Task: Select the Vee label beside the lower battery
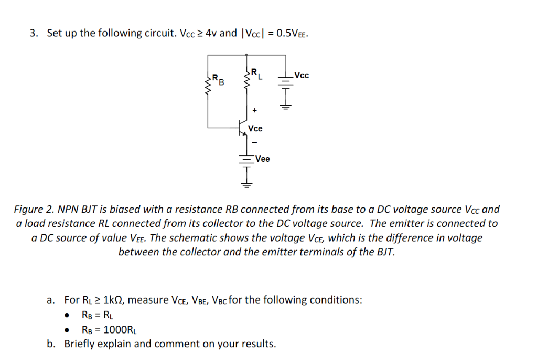click(x=263, y=159)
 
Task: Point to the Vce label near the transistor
click(x=255, y=129)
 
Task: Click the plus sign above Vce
click(x=255, y=111)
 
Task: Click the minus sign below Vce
click(x=255, y=142)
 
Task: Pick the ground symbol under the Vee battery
click(x=246, y=184)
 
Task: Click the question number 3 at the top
click(x=34, y=34)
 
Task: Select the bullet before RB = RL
click(x=67, y=316)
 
